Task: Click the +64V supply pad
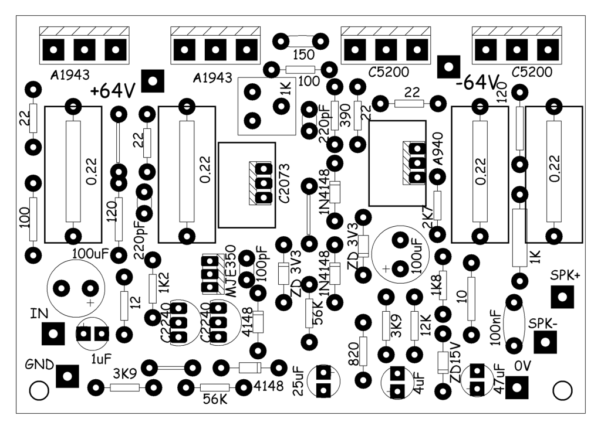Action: pyautogui.click(x=153, y=81)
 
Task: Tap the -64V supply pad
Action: pyautogui.click(x=448, y=67)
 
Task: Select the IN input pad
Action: pyautogui.click(x=53, y=333)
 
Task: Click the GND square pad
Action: pyautogui.click(x=67, y=376)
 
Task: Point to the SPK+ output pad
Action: pyautogui.click(x=562, y=297)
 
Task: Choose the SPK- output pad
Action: pyautogui.click(x=545, y=342)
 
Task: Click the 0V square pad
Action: pyautogui.click(x=516, y=387)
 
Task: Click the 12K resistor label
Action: pyautogui.click(x=426, y=325)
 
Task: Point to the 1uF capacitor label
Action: pyautogui.click(x=101, y=359)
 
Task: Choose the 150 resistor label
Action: pyautogui.click(x=304, y=55)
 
